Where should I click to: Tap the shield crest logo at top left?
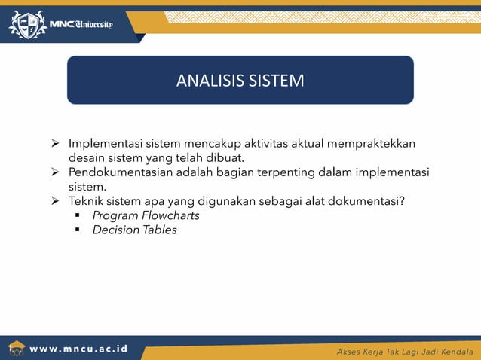click(26, 25)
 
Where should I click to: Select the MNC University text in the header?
click(81, 24)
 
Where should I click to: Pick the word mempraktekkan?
click(375, 144)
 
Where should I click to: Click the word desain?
click(87, 158)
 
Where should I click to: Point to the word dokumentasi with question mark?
click(369, 201)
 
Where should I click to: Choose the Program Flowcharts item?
click(146, 215)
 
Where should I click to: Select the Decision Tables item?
click(134, 230)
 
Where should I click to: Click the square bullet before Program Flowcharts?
click(78, 216)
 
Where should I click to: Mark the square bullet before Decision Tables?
click(78, 230)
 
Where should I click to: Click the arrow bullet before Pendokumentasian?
click(55, 173)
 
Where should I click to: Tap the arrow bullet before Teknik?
click(55, 202)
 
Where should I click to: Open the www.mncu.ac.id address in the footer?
click(78, 350)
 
